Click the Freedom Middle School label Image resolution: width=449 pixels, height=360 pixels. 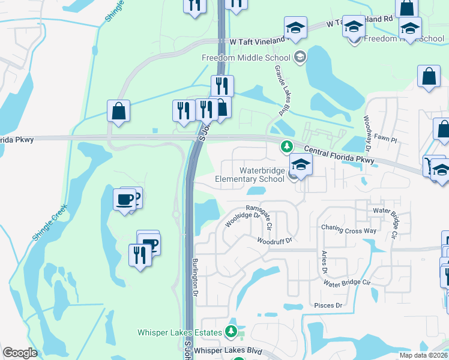246,58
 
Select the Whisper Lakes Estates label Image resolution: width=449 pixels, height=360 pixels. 180,332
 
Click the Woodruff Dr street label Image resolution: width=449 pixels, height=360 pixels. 274,241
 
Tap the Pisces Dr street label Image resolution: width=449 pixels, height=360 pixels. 328,305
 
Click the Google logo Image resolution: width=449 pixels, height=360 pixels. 20,352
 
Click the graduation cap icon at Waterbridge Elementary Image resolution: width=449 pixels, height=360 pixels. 300,164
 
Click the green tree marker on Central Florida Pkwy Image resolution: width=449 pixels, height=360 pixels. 287,146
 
